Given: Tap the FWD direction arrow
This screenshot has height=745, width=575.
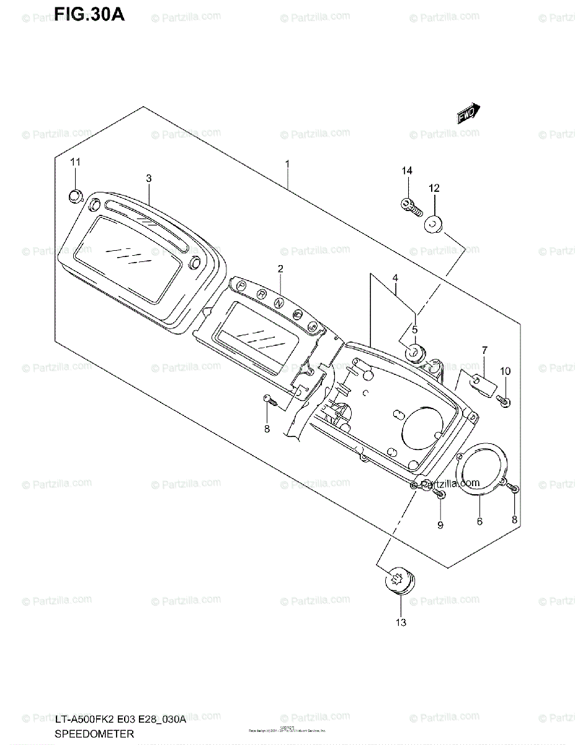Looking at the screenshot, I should click(x=467, y=114).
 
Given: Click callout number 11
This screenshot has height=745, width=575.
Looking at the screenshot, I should click(x=76, y=162).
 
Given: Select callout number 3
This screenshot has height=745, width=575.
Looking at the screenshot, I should click(x=149, y=178).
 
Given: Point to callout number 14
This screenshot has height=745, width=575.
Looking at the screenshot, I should click(x=407, y=171).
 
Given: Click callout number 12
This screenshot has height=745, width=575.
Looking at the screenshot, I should click(x=434, y=187).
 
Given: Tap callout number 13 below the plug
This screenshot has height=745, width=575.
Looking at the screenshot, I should click(x=401, y=622).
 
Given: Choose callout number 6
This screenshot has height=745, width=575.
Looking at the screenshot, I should click(x=479, y=521).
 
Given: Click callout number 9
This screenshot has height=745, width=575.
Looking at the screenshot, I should click(x=440, y=525).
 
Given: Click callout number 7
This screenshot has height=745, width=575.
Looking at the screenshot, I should click(x=484, y=351).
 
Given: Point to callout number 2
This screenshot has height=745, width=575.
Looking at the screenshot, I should click(x=280, y=268).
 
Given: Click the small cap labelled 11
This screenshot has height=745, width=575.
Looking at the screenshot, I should click(x=75, y=197).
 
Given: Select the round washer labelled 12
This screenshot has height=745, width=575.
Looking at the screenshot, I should click(x=434, y=223).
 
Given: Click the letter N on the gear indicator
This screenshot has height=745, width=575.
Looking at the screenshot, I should click(x=281, y=303).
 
